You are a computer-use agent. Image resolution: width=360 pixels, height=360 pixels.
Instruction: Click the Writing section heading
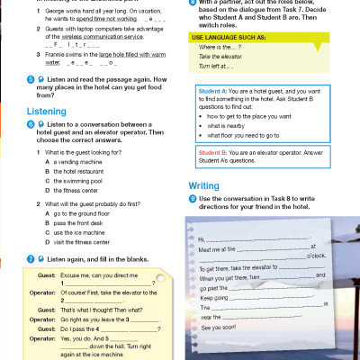click(203, 186)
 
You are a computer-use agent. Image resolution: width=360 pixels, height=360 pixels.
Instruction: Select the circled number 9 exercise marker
click(192, 197)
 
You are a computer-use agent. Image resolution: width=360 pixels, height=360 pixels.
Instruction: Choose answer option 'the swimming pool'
click(74, 180)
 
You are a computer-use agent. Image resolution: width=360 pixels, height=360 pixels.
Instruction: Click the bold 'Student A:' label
click(210, 94)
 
